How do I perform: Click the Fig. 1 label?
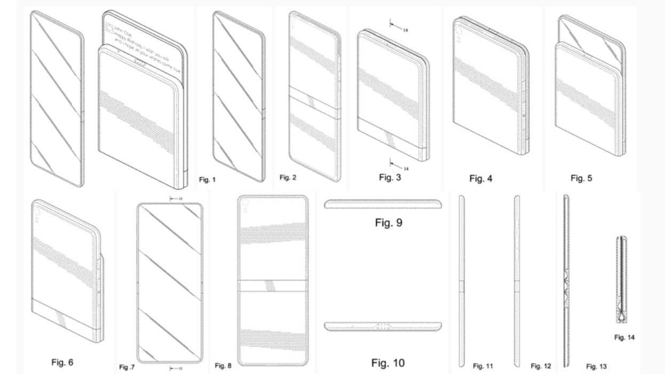tap(207, 180)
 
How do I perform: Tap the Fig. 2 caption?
tap(288, 177)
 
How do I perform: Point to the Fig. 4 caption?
tap(480, 179)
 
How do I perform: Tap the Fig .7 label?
tap(127, 367)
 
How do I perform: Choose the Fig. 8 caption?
tap(222, 365)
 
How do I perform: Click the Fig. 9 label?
tap(388, 223)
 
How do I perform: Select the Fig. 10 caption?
tap(388, 363)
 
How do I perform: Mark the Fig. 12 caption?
tap(540, 366)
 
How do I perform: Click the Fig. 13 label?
tap(596, 367)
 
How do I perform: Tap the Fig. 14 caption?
tap(624, 337)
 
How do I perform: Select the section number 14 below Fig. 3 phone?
tap(405, 169)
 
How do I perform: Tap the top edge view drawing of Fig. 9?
tap(383, 204)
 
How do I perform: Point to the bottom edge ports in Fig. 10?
tap(383, 325)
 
